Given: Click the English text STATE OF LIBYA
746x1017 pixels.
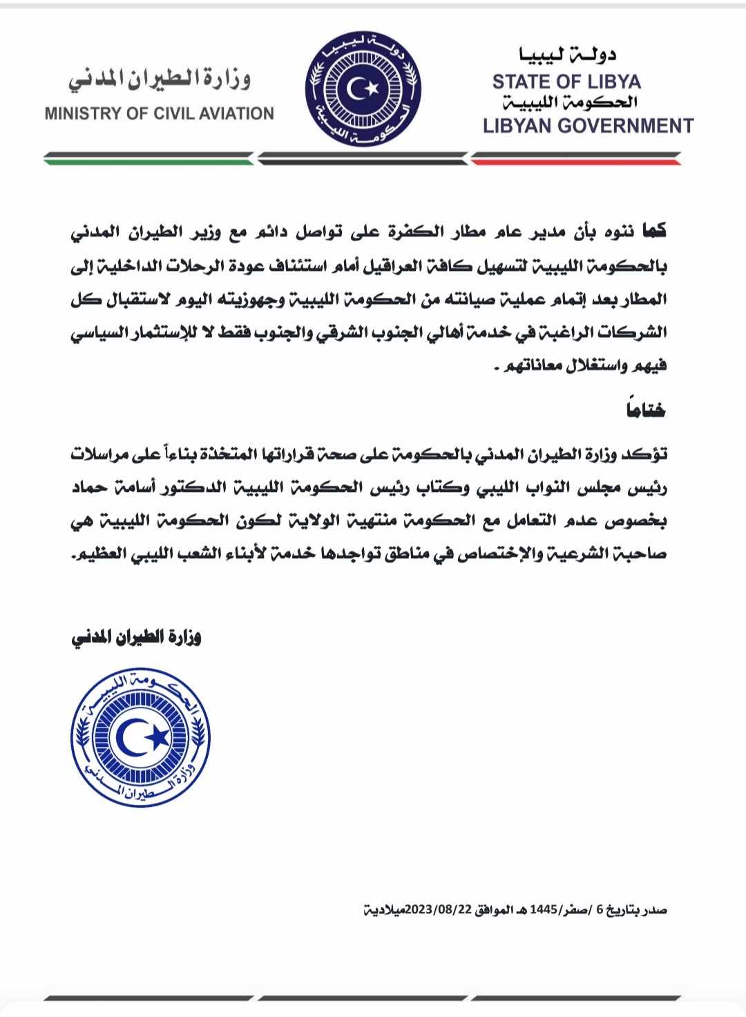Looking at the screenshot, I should pyautogui.click(x=566, y=82).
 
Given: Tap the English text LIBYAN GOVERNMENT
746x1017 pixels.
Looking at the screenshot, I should pyautogui.click(x=588, y=126).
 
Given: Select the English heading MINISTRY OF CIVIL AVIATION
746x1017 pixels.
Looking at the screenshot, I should pyautogui.click(x=159, y=113).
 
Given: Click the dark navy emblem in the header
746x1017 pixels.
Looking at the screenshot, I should pyautogui.click(x=363, y=88).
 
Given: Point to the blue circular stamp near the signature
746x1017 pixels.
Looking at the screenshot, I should pyautogui.click(x=140, y=737).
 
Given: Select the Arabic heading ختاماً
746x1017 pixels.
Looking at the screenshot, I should pyautogui.click(x=646, y=410).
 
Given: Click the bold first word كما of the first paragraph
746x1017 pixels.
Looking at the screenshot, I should pyautogui.click(x=653, y=231).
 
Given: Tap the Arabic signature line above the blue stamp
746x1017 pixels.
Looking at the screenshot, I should pyautogui.click(x=136, y=637).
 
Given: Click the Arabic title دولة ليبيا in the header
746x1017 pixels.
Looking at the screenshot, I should pyautogui.click(x=567, y=55).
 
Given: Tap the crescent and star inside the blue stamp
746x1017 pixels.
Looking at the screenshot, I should pyautogui.click(x=143, y=738).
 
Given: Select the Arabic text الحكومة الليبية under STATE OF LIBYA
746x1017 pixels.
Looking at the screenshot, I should pyautogui.click(x=569, y=103).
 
